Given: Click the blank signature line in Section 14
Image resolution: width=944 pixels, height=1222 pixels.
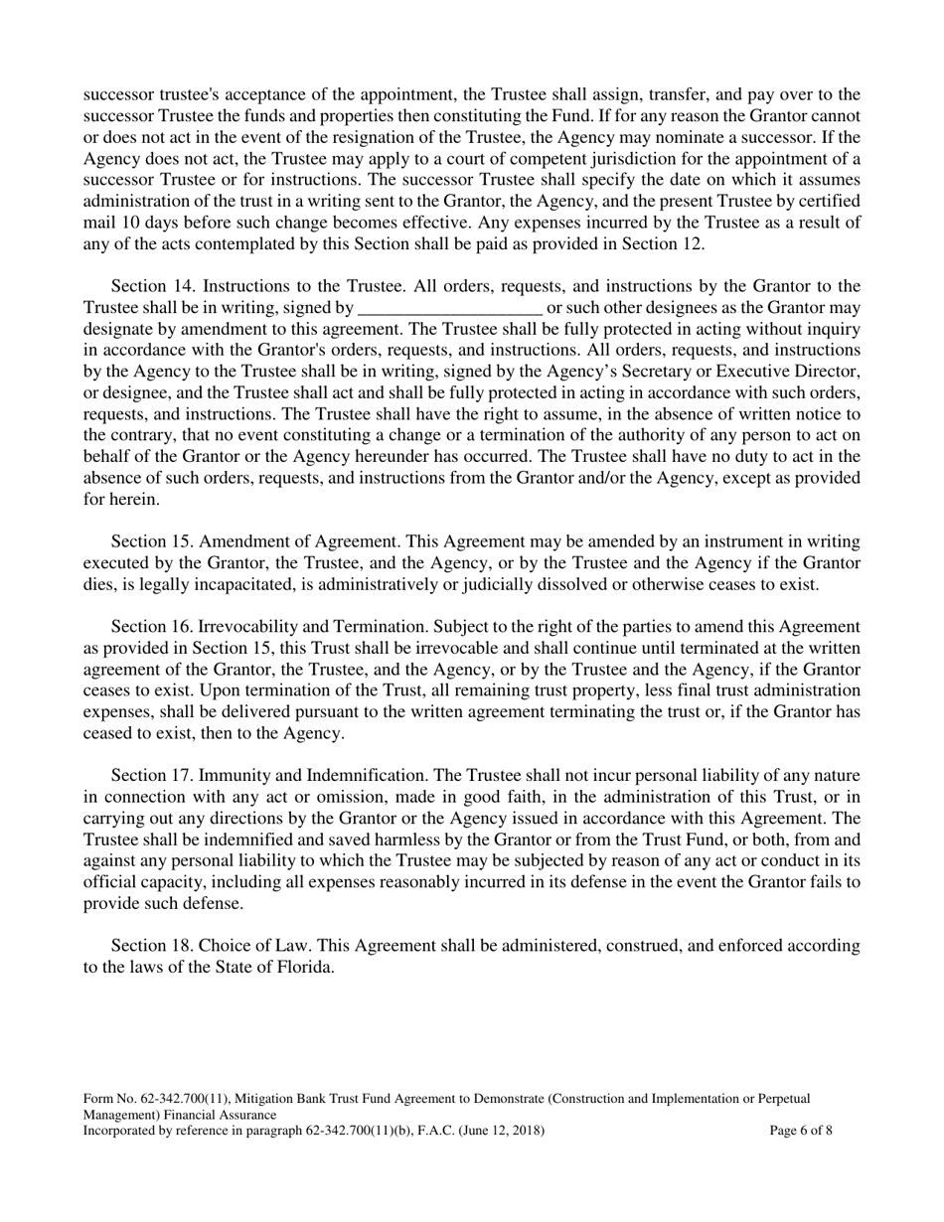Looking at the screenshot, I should pyautogui.click(x=449, y=308).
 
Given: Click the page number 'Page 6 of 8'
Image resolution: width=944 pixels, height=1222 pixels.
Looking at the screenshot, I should pyautogui.click(x=801, y=1131).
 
